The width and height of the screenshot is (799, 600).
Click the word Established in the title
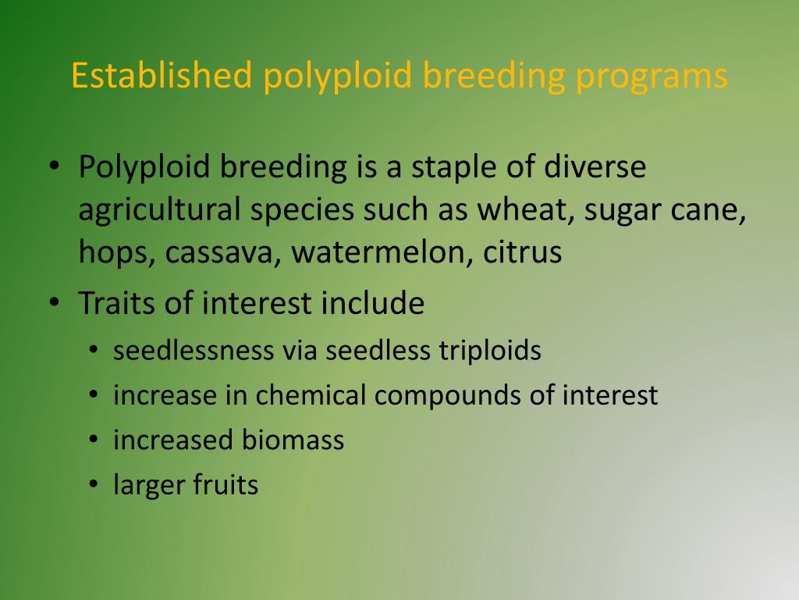[162, 76]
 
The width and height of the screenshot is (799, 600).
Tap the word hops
[115, 253]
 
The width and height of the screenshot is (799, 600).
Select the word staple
[456, 168]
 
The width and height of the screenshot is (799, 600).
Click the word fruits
[226, 485]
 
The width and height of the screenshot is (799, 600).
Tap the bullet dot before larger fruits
[93, 486]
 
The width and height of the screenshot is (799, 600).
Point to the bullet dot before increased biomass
[93, 441]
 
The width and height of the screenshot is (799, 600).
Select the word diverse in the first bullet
[595, 168]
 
